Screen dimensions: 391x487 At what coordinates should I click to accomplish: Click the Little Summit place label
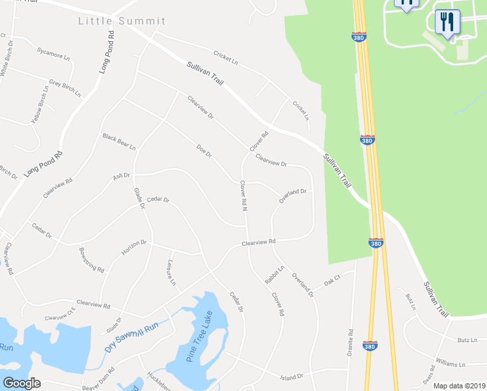pos(122,21)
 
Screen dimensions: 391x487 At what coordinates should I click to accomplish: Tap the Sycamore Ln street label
pos(53,53)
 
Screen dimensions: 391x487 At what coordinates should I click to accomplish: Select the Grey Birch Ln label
pos(64,89)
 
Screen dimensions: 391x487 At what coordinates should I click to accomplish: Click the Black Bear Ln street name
pos(118,141)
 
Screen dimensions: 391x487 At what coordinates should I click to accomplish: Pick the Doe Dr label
pos(204,151)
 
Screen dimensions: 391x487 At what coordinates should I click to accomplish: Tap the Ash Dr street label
pos(122,176)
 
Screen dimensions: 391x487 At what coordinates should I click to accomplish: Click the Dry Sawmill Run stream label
pos(132,338)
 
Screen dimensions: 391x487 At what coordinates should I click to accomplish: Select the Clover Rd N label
pos(244,195)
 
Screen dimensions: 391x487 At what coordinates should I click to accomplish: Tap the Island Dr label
pos(292,377)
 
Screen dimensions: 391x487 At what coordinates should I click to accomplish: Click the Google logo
pos(21,383)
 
